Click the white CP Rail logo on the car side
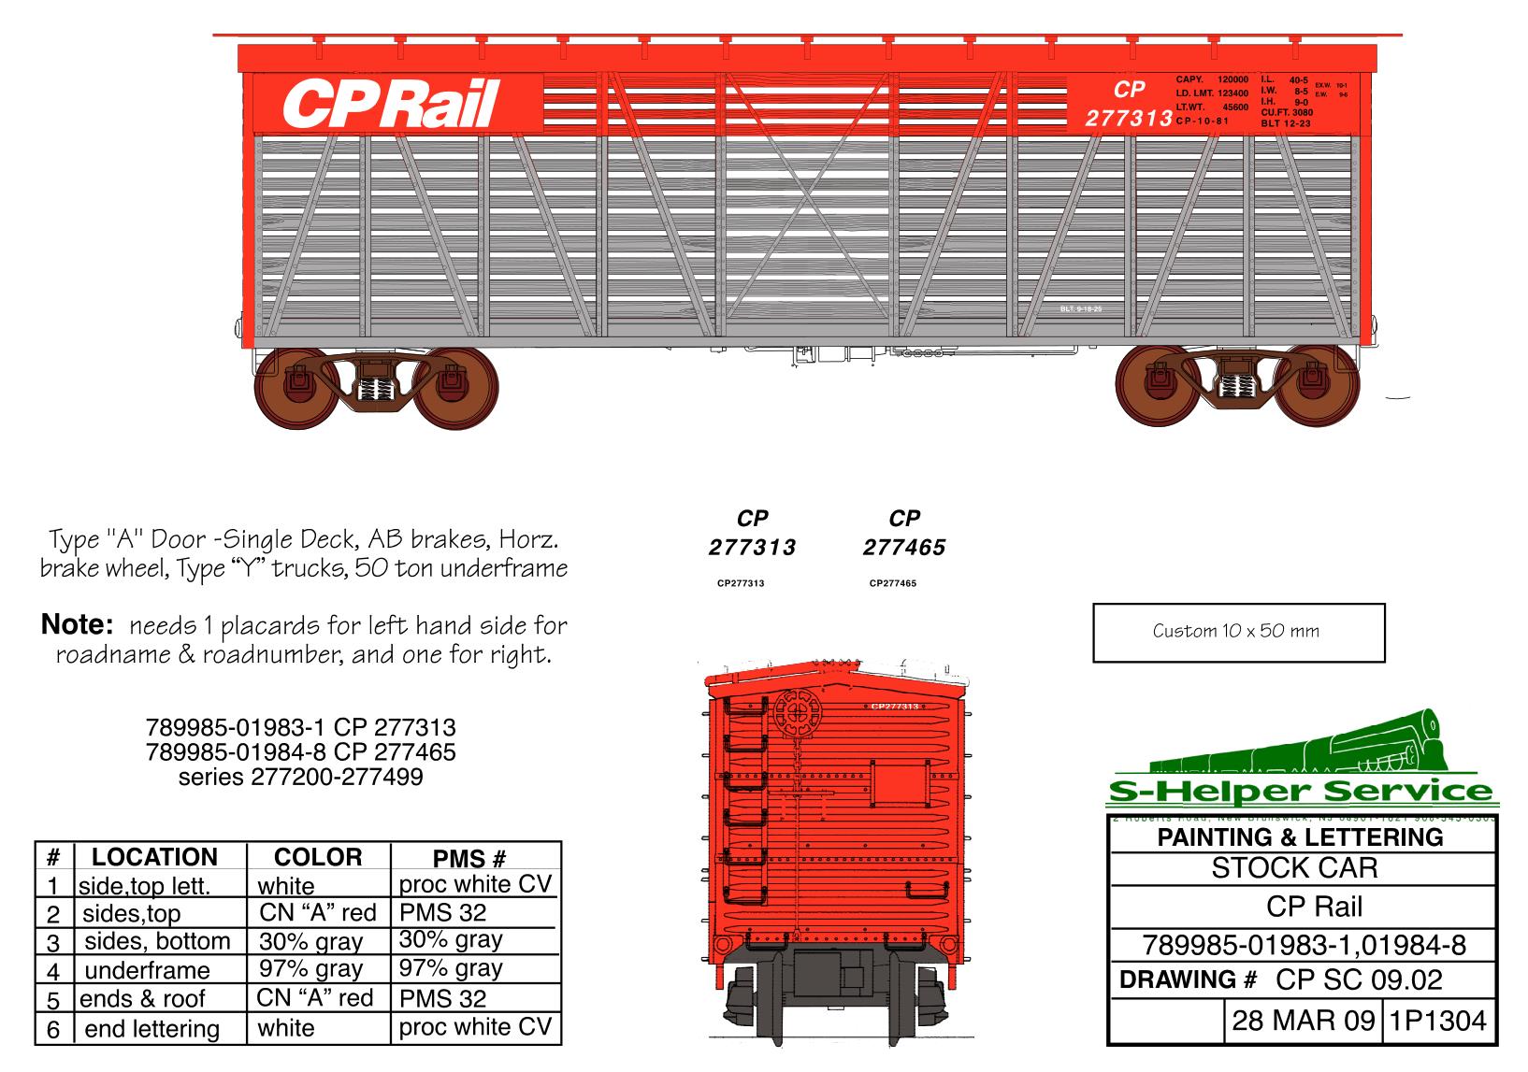(x=391, y=103)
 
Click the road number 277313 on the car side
(x=1129, y=119)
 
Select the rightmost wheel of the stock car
(x=1317, y=388)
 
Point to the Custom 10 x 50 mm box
(x=1238, y=632)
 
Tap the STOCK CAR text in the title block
(x=1294, y=868)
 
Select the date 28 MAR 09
(x=1303, y=1020)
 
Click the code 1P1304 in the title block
(x=1437, y=1020)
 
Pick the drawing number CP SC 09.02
(x=1358, y=979)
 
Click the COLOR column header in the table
(x=317, y=857)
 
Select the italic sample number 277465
(x=903, y=548)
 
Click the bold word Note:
(x=77, y=624)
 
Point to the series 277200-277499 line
(x=300, y=777)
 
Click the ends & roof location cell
(x=142, y=998)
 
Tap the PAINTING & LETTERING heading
(x=1300, y=836)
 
